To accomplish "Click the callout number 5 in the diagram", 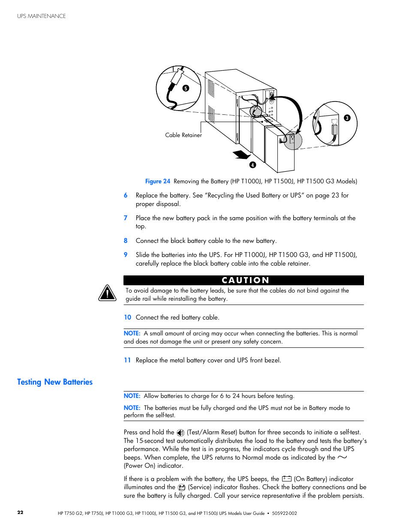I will pyautogui.click(x=186, y=88).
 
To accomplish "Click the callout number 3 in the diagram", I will pyautogui.click(x=347, y=118).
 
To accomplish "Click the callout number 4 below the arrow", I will pyautogui.click(x=253, y=165).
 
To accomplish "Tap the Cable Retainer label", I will pyautogui.click(x=183, y=135).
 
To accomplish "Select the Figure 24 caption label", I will pyautogui.click(x=157, y=181).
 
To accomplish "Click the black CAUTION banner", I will pyautogui.click(x=244, y=280).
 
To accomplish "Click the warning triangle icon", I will pyautogui.click(x=107, y=293).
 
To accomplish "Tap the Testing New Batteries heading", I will pyautogui.click(x=55, y=382).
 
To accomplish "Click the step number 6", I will pyautogui.click(x=126, y=195).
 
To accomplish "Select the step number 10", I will pyautogui.click(x=127, y=317).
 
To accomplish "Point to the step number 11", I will pyautogui.click(x=127, y=360).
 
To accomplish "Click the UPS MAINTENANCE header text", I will pyautogui.click(x=42, y=16).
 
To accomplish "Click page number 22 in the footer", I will pyautogui.click(x=20, y=512).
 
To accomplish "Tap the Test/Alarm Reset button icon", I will pyautogui.click(x=180, y=433).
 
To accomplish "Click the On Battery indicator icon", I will pyautogui.click(x=287, y=479).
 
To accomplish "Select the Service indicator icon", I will pyautogui.click(x=182, y=487).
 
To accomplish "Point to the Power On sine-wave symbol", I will pyautogui.click(x=342, y=457).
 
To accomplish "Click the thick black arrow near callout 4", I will pyautogui.click(x=241, y=154).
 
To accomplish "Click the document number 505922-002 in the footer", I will pyautogui.click(x=284, y=513).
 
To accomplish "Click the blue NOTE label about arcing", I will pyautogui.click(x=132, y=333).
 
